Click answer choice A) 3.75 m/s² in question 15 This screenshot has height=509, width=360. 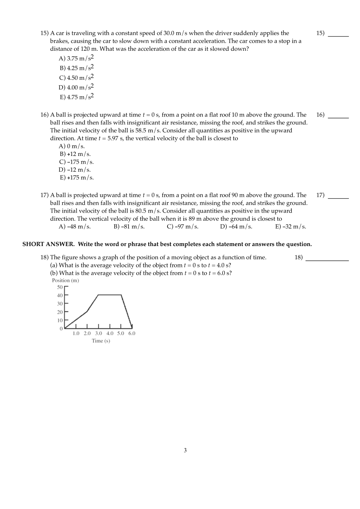pyautogui.click(x=76, y=58)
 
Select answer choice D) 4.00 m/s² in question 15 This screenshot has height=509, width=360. pyautogui.click(x=76, y=87)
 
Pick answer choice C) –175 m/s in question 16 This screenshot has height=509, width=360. pyautogui.click(x=76, y=162)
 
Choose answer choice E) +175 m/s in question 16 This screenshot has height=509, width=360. pyautogui.click(x=77, y=178)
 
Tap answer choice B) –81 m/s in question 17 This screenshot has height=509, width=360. pyautogui.click(x=129, y=227)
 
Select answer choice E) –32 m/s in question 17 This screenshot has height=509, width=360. pyautogui.click(x=290, y=227)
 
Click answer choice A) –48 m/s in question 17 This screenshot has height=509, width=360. pyautogui.click(x=75, y=227)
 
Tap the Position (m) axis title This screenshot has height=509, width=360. pyautogui.click(x=66, y=280)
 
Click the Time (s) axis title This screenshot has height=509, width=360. pyautogui.click(x=101, y=341)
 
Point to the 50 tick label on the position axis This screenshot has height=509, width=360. pyautogui.click(x=60, y=287)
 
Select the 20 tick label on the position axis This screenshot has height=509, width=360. pyautogui.click(x=60, y=312)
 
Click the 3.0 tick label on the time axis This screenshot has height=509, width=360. pyautogui.click(x=99, y=334)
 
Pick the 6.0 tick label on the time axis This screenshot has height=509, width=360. pyautogui.click(x=132, y=334)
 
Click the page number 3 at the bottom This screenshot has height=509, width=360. pyautogui.click(x=185, y=450)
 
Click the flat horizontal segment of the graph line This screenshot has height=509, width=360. pyautogui.click(x=110, y=295)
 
